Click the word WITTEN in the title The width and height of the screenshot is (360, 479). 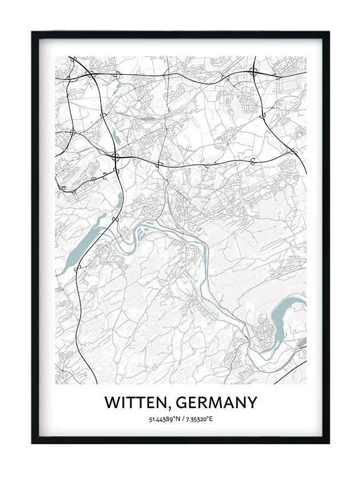pos(137,403)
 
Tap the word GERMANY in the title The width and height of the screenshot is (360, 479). pos(216,403)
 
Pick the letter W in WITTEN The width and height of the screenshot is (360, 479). pos(111,403)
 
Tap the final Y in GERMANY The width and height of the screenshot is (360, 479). pos(251,403)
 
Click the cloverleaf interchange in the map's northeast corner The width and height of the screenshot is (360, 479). pos(253,73)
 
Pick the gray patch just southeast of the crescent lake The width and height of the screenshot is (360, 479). pos(302,341)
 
